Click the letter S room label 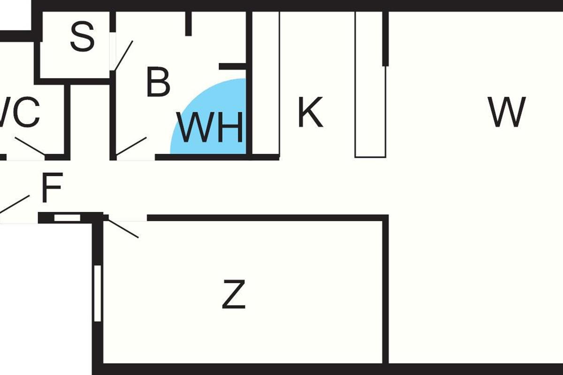(x=83, y=37)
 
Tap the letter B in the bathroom (x=158, y=82)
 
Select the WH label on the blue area (x=210, y=127)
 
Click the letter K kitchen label (x=311, y=112)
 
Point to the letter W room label (x=507, y=112)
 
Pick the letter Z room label (x=234, y=294)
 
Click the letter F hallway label (x=52, y=187)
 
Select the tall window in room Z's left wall (x=98, y=293)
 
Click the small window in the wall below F (x=68, y=218)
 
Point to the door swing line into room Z (x=123, y=229)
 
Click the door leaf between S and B (x=123, y=56)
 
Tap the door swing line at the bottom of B (x=131, y=146)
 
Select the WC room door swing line (x=30, y=146)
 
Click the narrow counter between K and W (x=370, y=84)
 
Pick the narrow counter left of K (x=266, y=83)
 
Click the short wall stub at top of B (x=189, y=23)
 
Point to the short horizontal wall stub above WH (x=233, y=66)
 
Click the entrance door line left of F (x=15, y=204)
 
